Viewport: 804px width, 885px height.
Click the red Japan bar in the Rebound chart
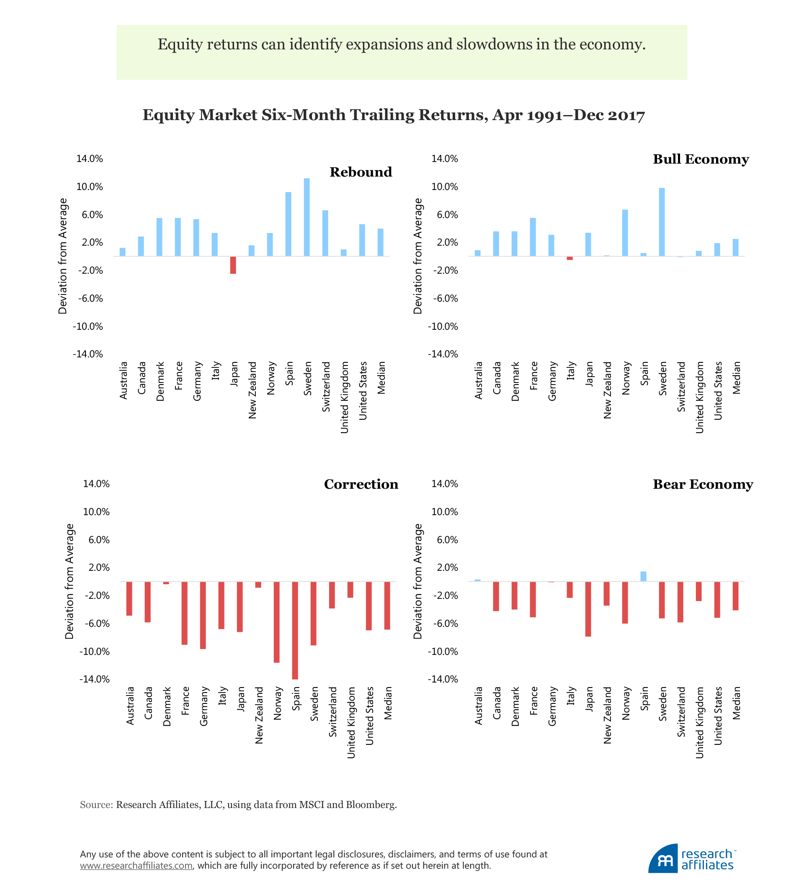233,265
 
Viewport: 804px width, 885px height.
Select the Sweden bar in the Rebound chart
307,217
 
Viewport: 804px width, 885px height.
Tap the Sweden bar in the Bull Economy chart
662,222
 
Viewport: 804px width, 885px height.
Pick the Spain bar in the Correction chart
295,631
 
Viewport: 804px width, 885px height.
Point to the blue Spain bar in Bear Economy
643,576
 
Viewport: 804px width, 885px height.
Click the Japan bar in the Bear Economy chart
588,609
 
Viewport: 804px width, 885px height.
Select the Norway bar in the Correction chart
276,622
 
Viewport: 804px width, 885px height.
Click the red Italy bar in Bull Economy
569,258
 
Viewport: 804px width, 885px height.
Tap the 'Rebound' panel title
361,172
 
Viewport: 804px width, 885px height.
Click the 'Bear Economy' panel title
703,484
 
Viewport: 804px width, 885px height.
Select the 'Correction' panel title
361,484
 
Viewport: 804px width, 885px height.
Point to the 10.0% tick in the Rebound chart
90,187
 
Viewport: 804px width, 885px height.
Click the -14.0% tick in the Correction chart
94,679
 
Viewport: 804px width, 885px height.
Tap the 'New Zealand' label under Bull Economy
607,390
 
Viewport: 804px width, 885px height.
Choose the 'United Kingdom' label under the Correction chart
351,723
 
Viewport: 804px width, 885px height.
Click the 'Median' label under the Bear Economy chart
736,703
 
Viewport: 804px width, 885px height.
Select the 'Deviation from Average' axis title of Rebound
63,257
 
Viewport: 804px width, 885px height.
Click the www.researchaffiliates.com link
136,865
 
